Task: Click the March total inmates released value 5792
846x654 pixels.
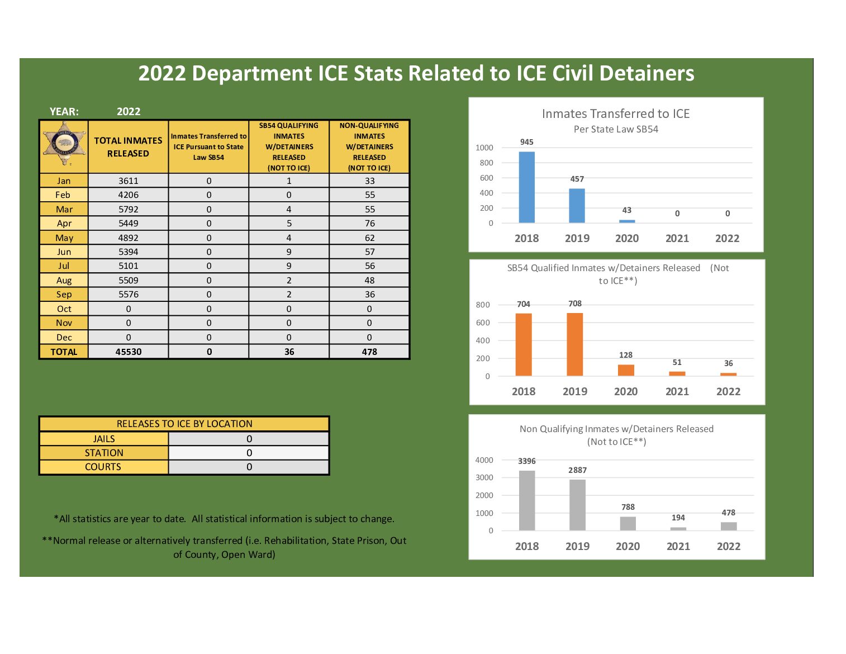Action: (x=128, y=209)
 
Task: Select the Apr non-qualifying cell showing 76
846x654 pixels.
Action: (x=369, y=223)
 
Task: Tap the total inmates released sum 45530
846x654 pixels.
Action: (x=129, y=352)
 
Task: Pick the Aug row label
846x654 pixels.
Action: (x=64, y=280)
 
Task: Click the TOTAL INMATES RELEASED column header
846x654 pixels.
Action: (x=128, y=146)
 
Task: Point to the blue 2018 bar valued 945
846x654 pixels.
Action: (x=526, y=187)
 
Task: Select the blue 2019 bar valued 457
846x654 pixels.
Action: (x=577, y=206)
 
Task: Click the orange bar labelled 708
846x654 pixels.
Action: (x=574, y=344)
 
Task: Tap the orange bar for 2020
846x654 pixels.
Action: (x=626, y=370)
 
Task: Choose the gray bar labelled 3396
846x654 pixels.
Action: (x=526, y=500)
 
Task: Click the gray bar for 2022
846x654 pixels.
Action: (x=729, y=526)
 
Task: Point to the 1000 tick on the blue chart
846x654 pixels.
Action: (x=484, y=148)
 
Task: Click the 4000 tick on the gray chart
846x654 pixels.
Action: (x=484, y=460)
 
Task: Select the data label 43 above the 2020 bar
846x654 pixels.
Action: (x=627, y=210)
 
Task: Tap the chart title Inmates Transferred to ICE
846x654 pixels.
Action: (x=616, y=113)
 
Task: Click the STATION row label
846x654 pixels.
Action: (x=104, y=453)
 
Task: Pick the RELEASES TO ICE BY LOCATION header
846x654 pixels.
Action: (x=184, y=424)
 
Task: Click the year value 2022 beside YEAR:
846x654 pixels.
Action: (x=129, y=111)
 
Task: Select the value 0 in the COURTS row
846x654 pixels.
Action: (x=249, y=467)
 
